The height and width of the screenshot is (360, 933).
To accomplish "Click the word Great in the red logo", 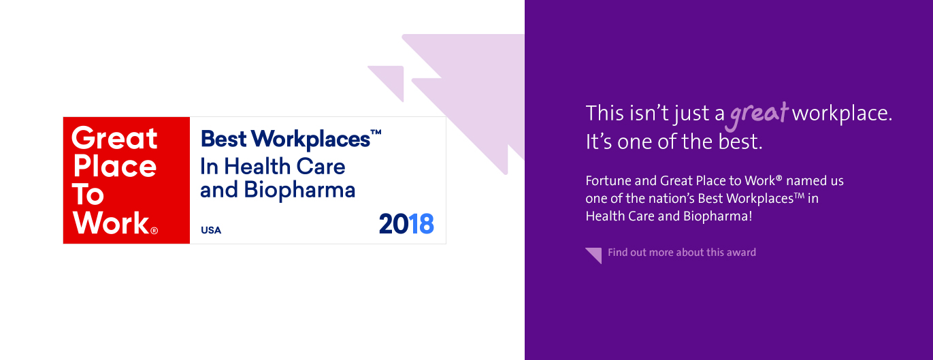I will click(114, 138).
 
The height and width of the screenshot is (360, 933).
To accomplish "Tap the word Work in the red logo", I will click(110, 223).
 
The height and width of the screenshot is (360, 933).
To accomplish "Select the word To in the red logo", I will click(88, 195).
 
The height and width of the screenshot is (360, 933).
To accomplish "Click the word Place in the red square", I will click(114, 167).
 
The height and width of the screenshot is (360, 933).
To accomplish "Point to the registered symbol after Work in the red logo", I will click(154, 231).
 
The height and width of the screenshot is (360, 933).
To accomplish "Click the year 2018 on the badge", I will click(406, 224).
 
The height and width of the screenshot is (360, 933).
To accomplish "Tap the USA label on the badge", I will click(211, 230).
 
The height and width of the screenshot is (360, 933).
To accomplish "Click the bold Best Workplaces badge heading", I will click(284, 140).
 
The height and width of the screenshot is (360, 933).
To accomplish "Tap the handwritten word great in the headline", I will click(758, 114).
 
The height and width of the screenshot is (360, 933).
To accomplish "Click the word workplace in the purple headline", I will click(841, 114).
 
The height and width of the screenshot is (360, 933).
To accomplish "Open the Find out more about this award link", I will click(681, 252).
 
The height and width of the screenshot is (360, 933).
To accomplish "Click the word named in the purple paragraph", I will click(805, 181).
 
